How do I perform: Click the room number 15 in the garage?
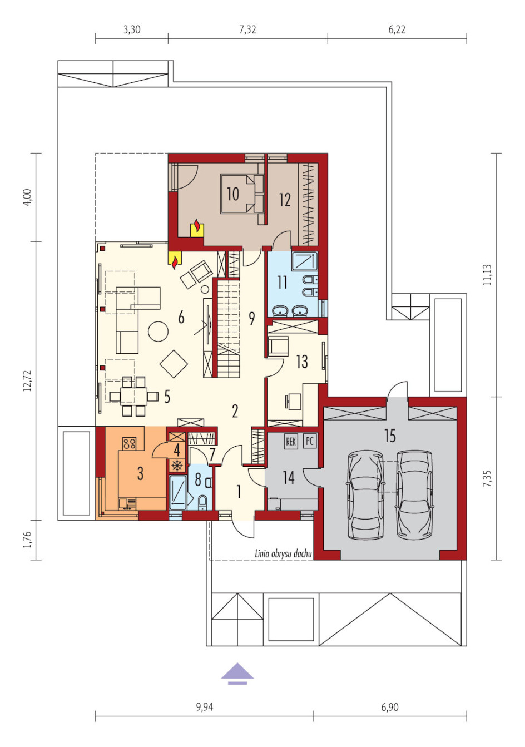point(390,436)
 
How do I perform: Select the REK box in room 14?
point(291,442)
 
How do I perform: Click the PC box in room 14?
point(309,441)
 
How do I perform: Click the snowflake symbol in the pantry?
point(177,466)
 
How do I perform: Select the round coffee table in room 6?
point(158,331)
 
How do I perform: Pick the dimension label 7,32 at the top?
point(247,30)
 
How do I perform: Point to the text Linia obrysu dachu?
point(283,554)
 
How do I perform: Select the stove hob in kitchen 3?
point(130,443)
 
